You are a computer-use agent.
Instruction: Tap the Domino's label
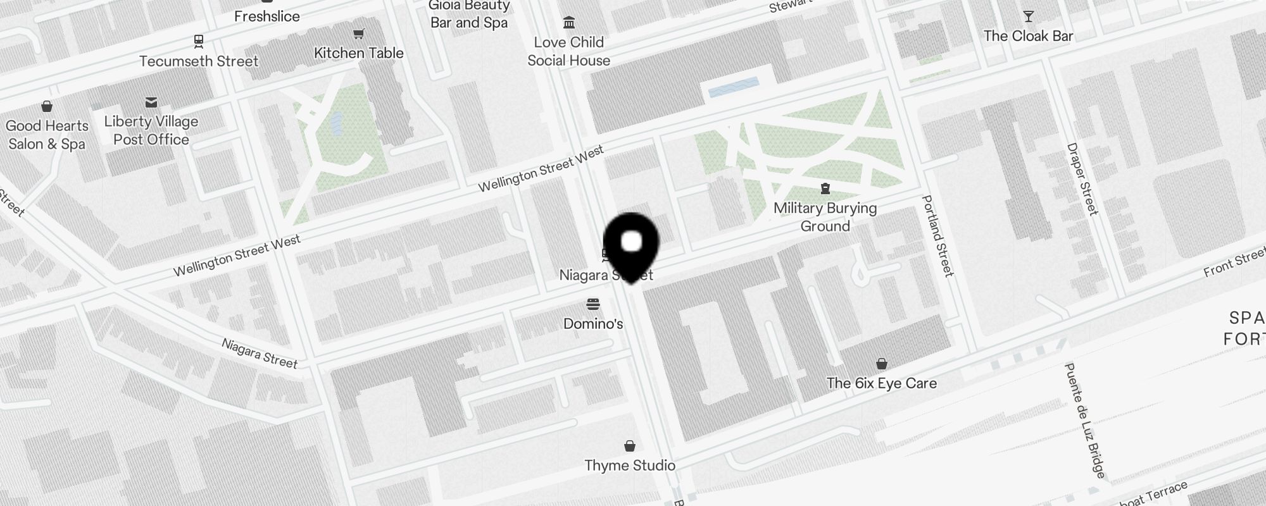click(593, 324)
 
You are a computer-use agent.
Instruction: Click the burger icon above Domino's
click(593, 304)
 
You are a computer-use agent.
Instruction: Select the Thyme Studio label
click(630, 466)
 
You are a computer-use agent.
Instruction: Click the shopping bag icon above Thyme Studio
click(630, 447)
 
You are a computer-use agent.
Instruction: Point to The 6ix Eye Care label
click(881, 383)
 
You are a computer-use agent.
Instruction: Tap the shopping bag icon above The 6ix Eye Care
click(882, 364)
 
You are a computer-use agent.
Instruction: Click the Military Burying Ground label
click(825, 217)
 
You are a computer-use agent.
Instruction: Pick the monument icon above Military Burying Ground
click(825, 188)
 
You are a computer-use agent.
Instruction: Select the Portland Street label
click(937, 235)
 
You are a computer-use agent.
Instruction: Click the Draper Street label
click(1082, 178)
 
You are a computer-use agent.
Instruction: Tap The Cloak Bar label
click(1028, 36)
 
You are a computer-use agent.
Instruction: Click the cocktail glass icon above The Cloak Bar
click(1029, 16)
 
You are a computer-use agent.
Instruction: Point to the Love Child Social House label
click(568, 51)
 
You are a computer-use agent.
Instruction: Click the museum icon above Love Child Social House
click(569, 23)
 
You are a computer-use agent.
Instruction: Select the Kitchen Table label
click(359, 53)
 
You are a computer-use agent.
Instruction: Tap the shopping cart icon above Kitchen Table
click(359, 34)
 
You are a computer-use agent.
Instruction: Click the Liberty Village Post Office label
click(151, 130)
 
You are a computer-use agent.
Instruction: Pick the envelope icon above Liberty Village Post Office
click(151, 102)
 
